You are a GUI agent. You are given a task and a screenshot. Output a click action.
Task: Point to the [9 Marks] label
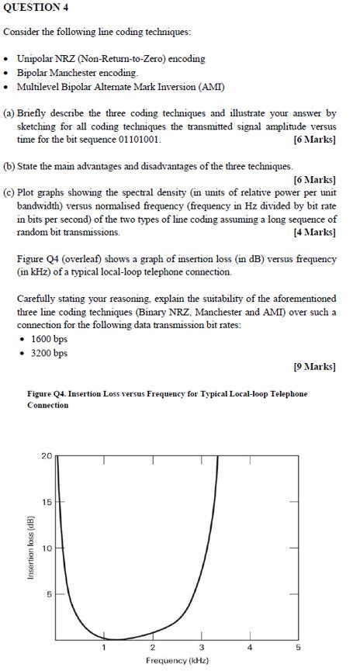click(x=315, y=365)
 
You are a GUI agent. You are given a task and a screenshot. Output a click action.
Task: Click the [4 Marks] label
click(x=315, y=232)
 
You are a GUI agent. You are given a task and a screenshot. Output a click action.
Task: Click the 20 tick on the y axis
click(x=47, y=455)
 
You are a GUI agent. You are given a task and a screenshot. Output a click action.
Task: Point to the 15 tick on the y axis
click(x=47, y=502)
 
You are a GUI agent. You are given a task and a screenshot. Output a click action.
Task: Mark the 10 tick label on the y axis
click(x=47, y=548)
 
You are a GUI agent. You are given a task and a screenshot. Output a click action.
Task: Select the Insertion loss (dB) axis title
click(x=31, y=547)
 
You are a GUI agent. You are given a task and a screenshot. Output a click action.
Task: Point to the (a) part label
click(x=9, y=113)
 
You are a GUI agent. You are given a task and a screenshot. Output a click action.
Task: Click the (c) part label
click(x=9, y=193)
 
